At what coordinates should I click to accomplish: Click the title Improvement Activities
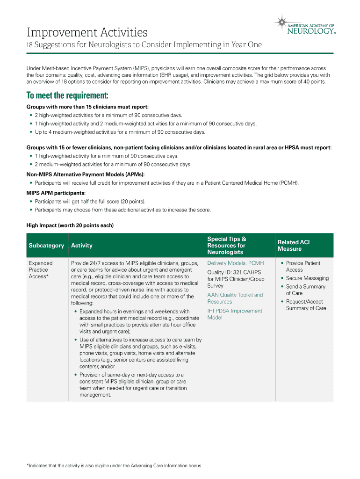(87, 33)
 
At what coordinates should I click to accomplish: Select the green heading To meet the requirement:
(67, 96)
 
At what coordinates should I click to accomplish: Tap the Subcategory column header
(46, 246)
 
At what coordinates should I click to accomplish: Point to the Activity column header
(82, 246)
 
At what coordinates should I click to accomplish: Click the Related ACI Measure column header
(294, 246)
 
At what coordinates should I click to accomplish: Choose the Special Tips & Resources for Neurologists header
(227, 246)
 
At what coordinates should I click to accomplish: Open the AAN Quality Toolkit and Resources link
(235, 298)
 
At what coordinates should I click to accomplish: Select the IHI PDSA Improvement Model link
(235, 314)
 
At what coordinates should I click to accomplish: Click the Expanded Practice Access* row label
(41, 270)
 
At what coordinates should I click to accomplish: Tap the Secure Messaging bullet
(307, 278)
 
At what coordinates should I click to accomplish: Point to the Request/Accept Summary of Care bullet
(306, 305)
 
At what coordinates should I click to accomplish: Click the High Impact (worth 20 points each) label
(70, 225)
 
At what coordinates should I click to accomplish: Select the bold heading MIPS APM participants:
(56, 193)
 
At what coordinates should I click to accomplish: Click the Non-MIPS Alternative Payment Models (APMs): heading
(86, 174)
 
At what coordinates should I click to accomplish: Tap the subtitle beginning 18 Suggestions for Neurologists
(144, 45)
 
